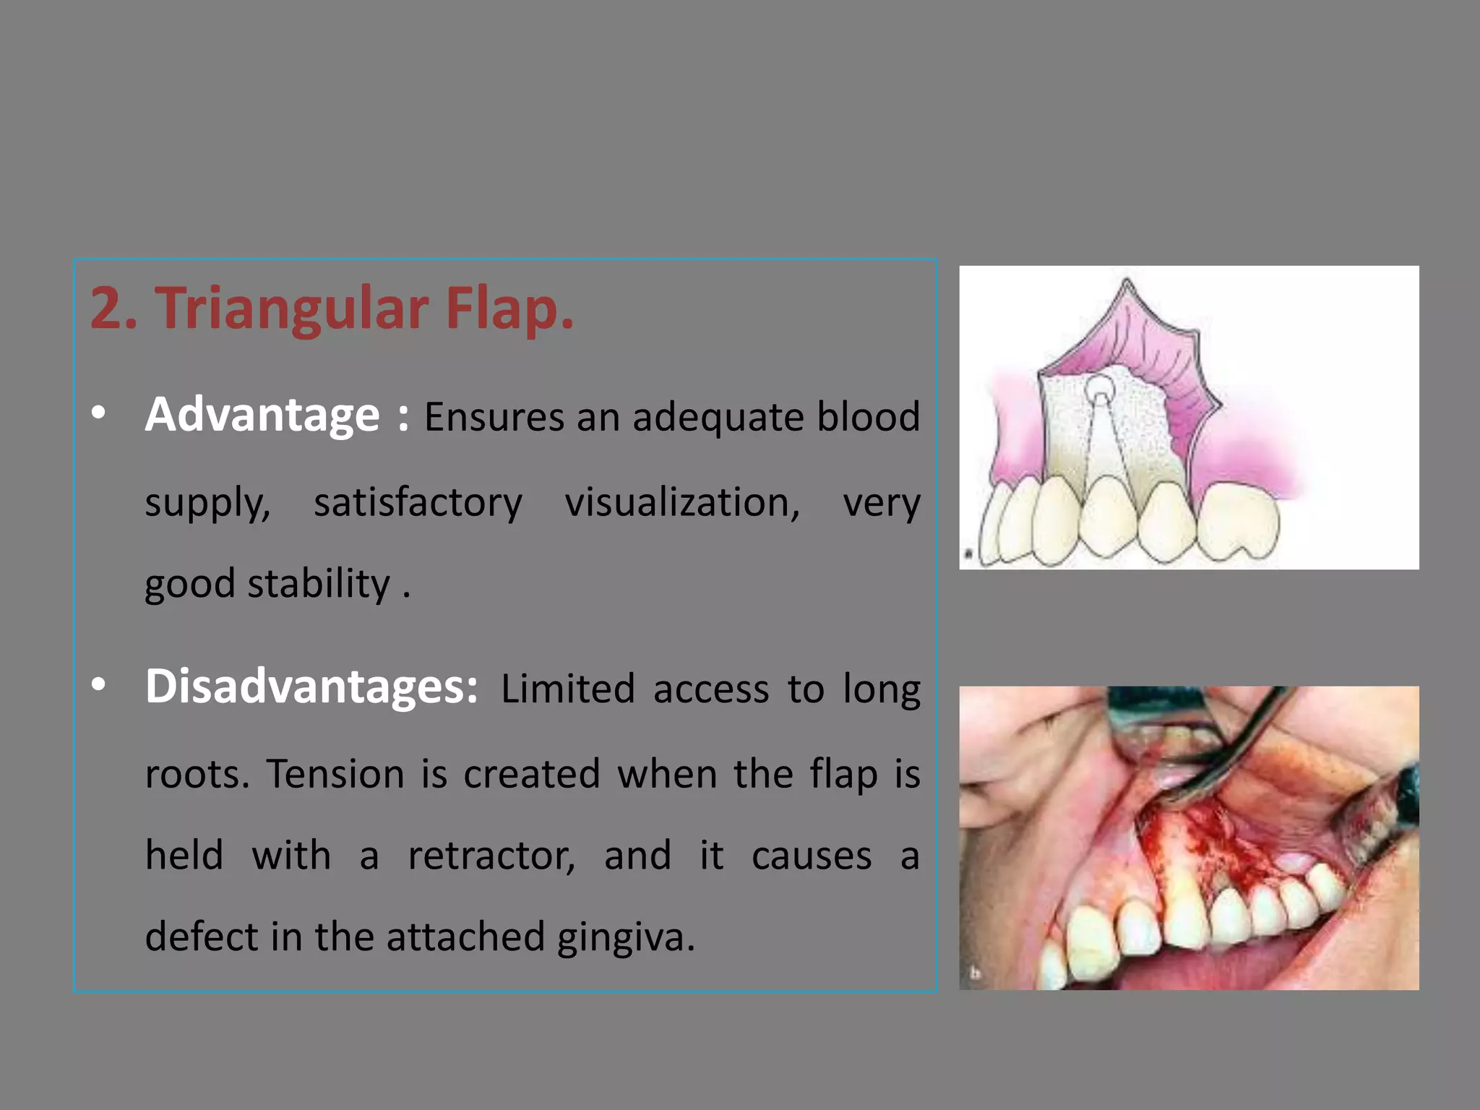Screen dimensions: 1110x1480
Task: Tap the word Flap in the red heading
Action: (x=509, y=309)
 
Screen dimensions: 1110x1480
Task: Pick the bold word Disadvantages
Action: (x=311, y=687)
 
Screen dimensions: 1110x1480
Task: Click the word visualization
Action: (x=681, y=502)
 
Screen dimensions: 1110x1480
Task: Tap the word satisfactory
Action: (x=417, y=502)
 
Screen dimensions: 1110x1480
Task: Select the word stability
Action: (x=318, y=584)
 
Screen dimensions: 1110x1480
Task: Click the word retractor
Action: (x=491, y=856)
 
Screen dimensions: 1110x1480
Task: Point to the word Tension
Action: (x=335, y=775)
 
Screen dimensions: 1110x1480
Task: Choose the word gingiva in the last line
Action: (x=625, y=937)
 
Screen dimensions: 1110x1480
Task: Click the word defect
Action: (x=201, y=937)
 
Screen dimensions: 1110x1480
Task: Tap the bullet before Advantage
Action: (x=99, y=413)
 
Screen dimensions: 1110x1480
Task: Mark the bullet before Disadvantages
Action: (x=99, y=684)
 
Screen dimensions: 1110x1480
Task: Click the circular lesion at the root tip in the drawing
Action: (x=1100, y=391)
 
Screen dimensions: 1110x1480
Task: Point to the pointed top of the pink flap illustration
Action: (x=1127, y=283)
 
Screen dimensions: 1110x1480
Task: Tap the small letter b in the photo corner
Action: (x=975, y=973)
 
